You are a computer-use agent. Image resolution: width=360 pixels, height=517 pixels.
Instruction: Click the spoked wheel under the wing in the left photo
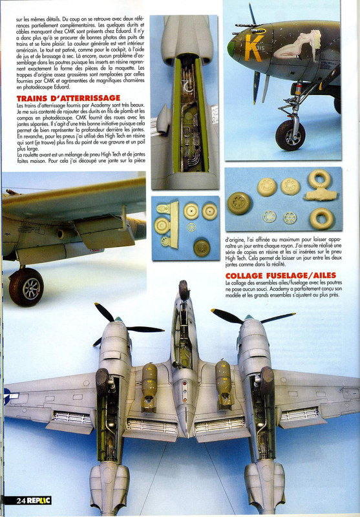[26, 286]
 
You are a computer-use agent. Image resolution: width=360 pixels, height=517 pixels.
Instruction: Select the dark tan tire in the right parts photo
[240, 202]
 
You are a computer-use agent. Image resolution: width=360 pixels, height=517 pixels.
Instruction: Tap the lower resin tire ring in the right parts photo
[322, 218]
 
